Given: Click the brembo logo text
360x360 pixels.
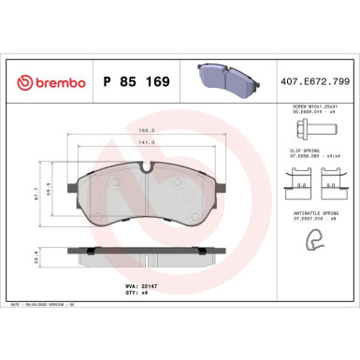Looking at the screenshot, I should click(44, 81).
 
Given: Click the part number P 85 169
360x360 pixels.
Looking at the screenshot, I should click(134, 81).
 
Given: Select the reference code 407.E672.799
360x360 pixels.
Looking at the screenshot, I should click(314, 81).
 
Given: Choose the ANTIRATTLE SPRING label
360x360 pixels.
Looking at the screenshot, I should click(311, 211).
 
